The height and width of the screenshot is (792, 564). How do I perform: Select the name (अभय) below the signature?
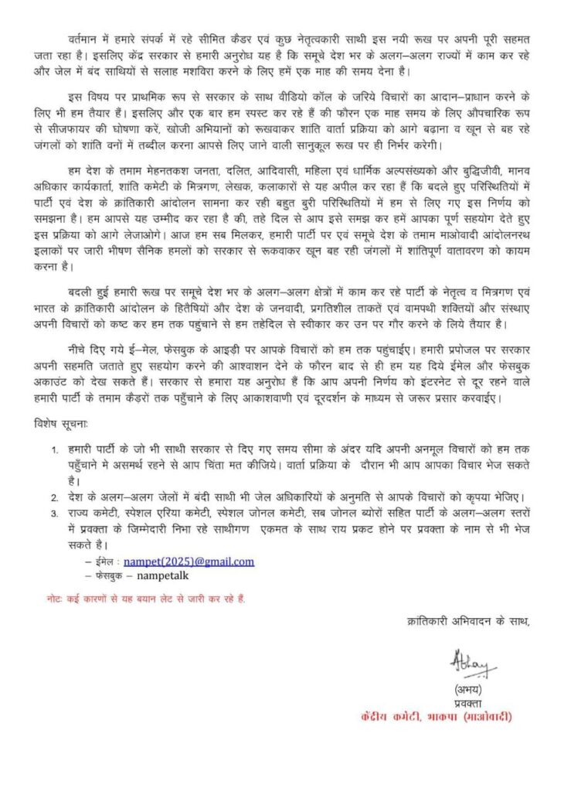(x=468, y=688)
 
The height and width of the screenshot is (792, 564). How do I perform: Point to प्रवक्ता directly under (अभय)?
(x=468, y=702)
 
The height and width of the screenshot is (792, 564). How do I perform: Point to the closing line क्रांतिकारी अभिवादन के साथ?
(x=472, y=622)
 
